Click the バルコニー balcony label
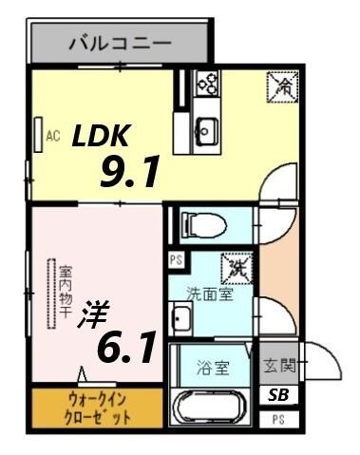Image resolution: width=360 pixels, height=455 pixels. pyautogui.click(x=119, y=43)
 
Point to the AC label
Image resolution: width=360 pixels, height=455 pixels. pyautogui.click(x=53, y=136)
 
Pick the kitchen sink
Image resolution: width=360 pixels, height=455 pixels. pyautogui.click(x=206, y=127)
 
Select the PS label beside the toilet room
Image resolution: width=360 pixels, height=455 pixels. pyautogui.click(x=175, y=258)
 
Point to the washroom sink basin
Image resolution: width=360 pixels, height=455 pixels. pyautogui.click(x=180, y=317)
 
